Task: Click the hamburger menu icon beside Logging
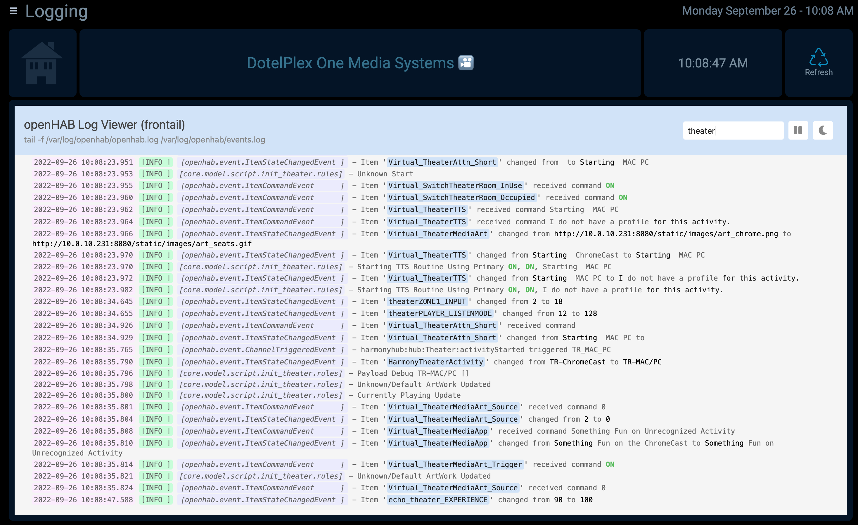tap(13, 11)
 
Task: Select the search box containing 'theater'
tap(733, 131)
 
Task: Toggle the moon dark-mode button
tap(823, 131)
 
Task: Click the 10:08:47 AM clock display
tap(713, 63)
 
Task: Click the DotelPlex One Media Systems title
tap(350, 63)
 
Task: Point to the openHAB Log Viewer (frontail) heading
tap(104, 125)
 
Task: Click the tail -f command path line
tap(144, 140)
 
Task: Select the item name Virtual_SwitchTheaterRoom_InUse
tap(455, 185)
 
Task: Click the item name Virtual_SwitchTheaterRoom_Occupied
tap(461, 197)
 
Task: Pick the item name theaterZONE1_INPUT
tap(427, 301)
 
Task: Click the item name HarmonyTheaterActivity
tap(436, 362)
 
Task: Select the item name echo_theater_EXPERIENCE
tap(438, 500)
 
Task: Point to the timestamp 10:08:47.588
tap(107, 500)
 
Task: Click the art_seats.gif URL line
tap(142, 244)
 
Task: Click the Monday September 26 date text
tap(739, 11)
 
